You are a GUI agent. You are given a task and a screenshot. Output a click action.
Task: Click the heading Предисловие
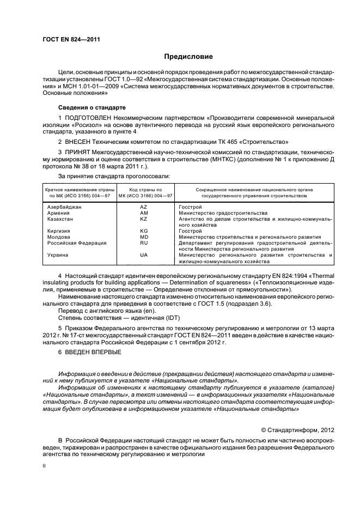click(188, 56)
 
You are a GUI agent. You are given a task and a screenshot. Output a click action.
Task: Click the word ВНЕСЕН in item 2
click(80, 141)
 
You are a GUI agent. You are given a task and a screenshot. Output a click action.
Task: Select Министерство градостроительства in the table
click(223, 212)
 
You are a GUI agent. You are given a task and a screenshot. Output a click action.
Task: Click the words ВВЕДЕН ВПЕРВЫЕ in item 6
click(90, 353)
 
